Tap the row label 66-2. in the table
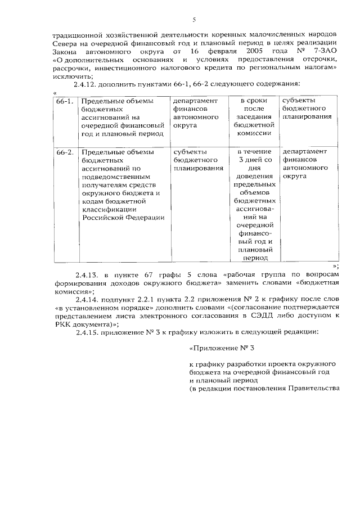click(x=65, y=152)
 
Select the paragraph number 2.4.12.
click(x=86, y=84)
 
